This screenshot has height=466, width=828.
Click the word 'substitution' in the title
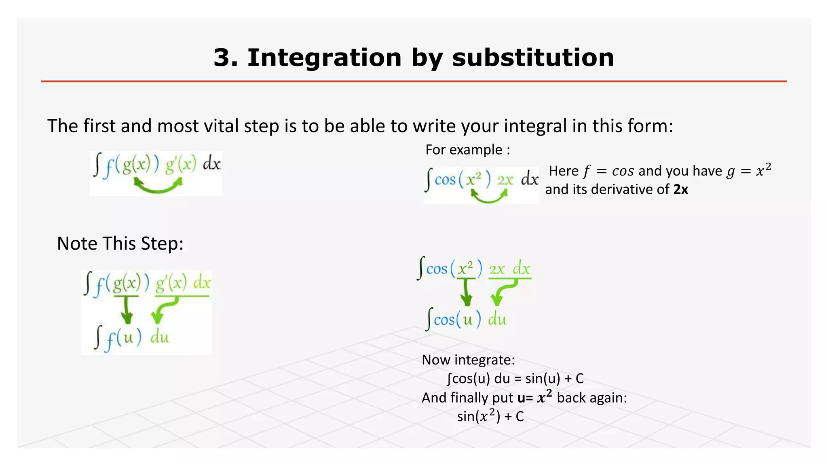click(x=533, y=57)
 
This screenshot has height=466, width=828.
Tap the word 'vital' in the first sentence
click(x=222, y=126)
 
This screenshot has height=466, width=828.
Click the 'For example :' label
click(x=467, y=150)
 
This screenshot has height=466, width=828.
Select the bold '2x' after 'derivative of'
click(x=680, y=189)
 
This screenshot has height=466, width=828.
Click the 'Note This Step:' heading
click(x=120, y=244)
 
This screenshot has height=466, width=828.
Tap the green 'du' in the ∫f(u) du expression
click(x=159, y=337)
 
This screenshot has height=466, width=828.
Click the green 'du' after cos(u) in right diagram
click(x=497, y=320)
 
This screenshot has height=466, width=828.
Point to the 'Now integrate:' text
click(x=468, y=360)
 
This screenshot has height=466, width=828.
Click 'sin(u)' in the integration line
click(x=543, y=379)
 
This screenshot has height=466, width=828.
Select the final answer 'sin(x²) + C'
click(x=490, y=416)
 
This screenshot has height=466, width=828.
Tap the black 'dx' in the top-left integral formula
click(x=211, y=164)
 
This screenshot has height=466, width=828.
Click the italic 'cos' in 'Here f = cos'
click(x=623, y=171)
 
